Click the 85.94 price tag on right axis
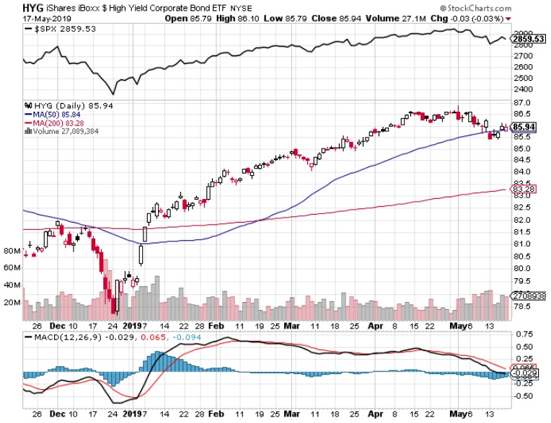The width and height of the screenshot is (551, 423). (521, 127)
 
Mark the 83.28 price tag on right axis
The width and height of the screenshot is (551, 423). (521, 190)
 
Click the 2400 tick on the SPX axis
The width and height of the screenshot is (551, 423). (521, 89)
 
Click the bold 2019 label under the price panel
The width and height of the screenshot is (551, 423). (131, 325)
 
